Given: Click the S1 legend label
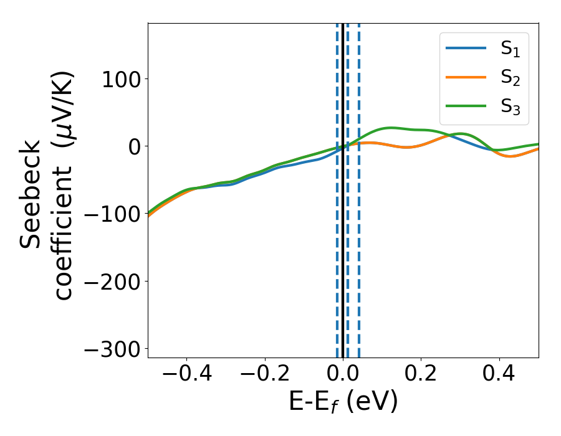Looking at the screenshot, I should point(510,50).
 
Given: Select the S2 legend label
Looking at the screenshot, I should point(510,78).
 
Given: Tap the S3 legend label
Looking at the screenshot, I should point(510,107).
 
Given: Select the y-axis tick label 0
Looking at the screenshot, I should point(132,146).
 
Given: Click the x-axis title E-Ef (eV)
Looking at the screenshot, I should point(343,402).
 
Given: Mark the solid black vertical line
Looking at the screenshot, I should point(343,249).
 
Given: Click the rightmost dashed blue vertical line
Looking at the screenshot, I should point(359,249).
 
